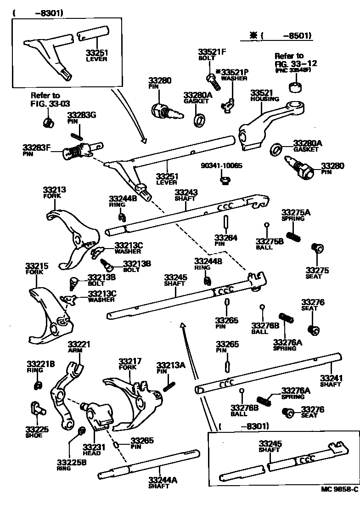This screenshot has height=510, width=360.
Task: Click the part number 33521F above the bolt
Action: [212, 52]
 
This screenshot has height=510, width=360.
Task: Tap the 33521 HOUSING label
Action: [264, 95]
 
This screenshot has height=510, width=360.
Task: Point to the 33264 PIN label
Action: [225, 240]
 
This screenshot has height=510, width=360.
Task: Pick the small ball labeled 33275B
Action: [266, 225]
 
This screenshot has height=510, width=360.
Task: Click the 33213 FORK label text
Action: [55, 192]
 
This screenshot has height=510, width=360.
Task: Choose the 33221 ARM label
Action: [79, 347]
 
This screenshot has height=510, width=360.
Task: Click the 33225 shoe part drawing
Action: [37, 408]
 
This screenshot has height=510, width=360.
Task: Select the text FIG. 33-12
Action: [296, 63]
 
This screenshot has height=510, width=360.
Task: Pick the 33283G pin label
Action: [81, 118]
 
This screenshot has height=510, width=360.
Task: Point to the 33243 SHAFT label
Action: [186, 196]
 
